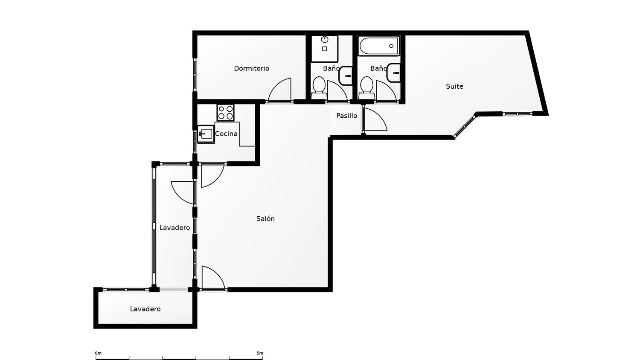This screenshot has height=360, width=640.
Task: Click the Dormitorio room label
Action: tap(251, 69)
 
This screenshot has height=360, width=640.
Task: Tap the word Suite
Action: tap(454, 86)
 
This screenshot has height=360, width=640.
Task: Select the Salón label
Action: tap(265, 218)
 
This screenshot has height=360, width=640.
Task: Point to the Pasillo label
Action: tap(346, 116)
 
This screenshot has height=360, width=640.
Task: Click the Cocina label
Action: tap(226, 134)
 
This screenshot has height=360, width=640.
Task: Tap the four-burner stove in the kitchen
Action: tap(225, 113)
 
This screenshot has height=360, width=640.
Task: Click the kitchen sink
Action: tap(206, 134)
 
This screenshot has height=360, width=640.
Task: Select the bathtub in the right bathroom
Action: tap(379, 46)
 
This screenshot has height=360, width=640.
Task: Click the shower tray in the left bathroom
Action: tap(325, 49)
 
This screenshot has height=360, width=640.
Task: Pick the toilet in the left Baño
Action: tap(319, 88)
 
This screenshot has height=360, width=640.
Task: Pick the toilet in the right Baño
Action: tap(367, 88)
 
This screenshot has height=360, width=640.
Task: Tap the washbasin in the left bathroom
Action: tap(346, 76)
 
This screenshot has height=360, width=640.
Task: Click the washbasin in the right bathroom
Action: tap(394, 73)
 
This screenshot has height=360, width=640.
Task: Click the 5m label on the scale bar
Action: tap(260, 353)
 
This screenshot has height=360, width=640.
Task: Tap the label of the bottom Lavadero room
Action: tap(145, 309)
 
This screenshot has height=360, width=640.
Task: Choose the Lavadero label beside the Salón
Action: tap(175, 228)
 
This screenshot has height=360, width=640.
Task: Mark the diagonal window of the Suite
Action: tap(465, 126)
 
